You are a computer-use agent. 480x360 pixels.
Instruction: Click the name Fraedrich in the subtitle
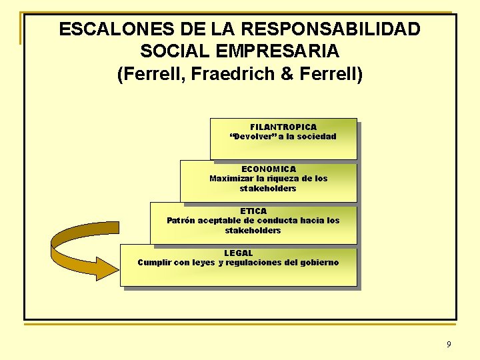pyautogui.click(x=242, y=73)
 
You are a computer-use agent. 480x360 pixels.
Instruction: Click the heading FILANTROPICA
pyautogui.click(x=283, y=127)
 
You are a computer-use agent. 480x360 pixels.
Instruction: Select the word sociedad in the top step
pyautogui.click(x=316, y=137)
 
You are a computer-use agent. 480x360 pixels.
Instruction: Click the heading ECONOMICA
pyautogui.click(x=269, y=169)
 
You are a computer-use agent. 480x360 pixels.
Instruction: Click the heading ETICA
pyautogui.click(x=253, y=211)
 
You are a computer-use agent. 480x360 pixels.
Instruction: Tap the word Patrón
pyautogui.click(x=181, y=221)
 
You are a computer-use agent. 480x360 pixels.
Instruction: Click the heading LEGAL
pyautogui.click(x=239, y=253)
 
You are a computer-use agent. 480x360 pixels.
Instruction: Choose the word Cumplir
pyautogui.click(x=154, y=263)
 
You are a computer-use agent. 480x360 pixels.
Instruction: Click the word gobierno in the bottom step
pyautogui.click(x=318, y=263)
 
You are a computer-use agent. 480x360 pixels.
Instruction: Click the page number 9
pyautogui.click(x=448, y=345)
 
